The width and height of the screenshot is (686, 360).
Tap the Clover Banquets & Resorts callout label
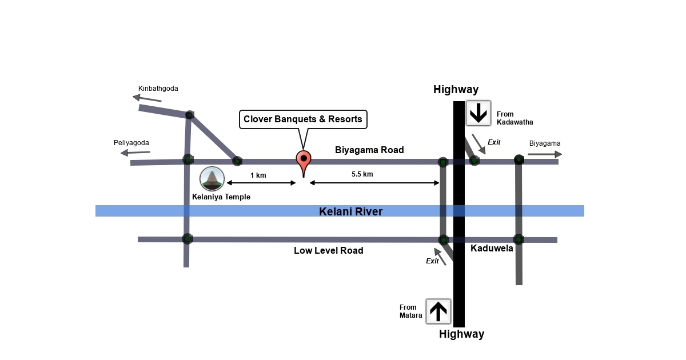[303, 119]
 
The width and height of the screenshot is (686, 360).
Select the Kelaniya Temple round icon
[212, 179]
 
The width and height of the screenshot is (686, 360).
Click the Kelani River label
[350, 212]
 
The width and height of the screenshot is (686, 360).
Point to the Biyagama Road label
[369, 150]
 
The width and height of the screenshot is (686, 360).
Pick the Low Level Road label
[329, 250]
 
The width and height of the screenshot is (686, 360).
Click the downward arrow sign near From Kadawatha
[478, 113]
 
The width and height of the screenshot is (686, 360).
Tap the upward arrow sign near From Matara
[438, 311]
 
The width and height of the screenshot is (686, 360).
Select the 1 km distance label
[258, 175]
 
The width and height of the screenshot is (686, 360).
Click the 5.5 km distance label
[362, 174]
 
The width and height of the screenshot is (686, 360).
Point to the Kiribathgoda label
[158, 89]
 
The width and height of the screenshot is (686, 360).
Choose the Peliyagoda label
[131, 142]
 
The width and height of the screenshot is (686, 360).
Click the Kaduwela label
[492, 249]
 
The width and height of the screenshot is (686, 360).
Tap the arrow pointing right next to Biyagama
[545, 154]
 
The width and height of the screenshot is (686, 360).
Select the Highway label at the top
[456, 90]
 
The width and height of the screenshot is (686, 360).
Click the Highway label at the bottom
[461, 334]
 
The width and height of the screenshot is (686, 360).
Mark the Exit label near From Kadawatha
[494, 142]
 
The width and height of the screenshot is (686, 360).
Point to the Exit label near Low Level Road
[433, 261]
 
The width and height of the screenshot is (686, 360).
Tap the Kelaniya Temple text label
[221, 197]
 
